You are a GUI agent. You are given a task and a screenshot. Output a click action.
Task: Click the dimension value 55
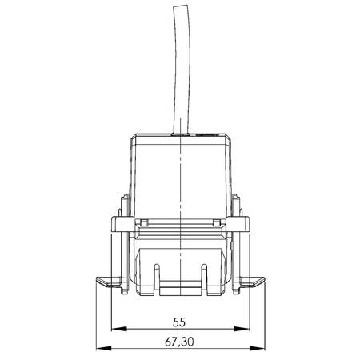[x=179, y=322]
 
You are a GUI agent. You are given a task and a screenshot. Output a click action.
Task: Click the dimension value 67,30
[x=179, y=342]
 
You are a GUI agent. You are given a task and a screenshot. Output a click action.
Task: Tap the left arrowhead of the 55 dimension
[x=119, y=329]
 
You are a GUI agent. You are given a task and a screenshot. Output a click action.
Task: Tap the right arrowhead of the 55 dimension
[x=242, y=329]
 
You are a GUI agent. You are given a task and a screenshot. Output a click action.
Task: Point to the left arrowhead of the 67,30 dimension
[x=104, y=348]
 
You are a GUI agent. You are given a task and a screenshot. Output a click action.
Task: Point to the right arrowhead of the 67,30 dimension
[x=258, y=348]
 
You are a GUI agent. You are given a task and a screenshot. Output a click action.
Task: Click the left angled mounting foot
[x=109, y=282]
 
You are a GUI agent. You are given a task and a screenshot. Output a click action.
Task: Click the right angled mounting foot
[x=252, y=282]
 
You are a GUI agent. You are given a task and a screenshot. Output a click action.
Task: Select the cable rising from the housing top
[x=182, y=70]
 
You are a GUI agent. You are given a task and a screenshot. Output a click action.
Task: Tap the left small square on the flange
[x=144, y=222]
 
